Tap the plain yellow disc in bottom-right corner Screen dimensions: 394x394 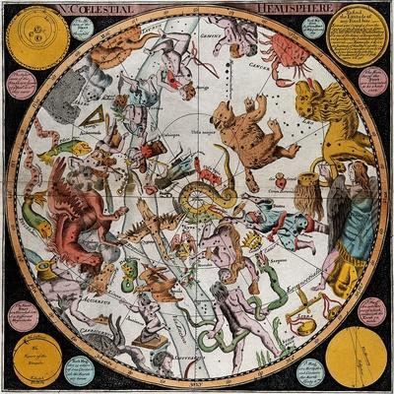pyautogui.click(x=356, y=357)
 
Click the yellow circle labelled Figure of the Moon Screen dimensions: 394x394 pyautogui.click(x=36, y=357)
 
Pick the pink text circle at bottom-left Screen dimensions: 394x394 pyautogui.click(x=23, y=314)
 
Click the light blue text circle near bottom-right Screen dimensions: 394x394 pyautogui.click(x=313, y=372)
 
